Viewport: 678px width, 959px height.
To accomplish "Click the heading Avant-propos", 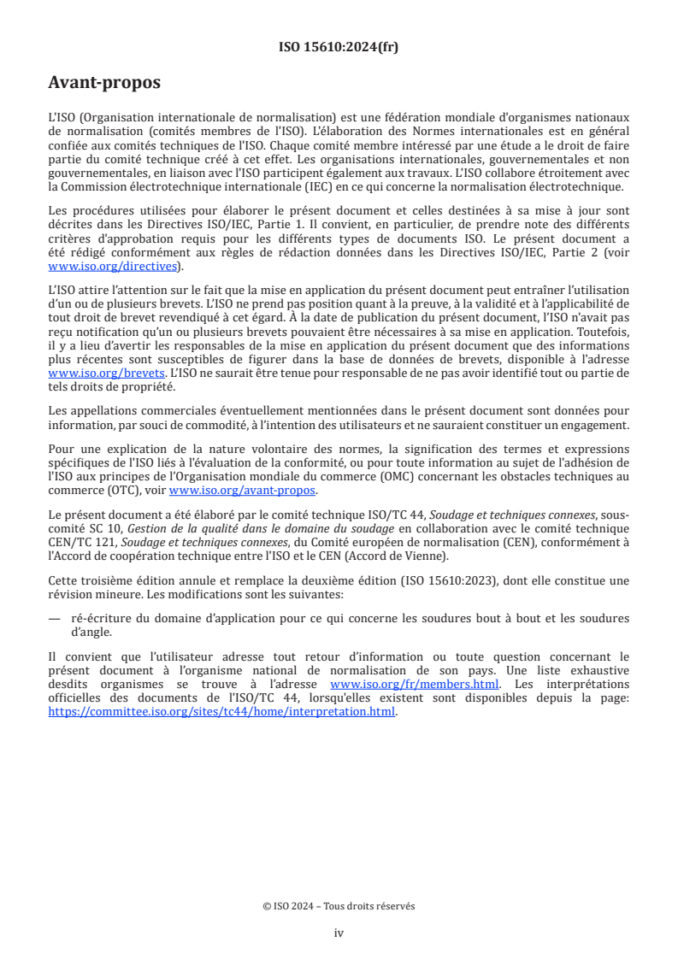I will tap(104, 83).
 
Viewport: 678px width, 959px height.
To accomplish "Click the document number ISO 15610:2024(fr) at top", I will tap(339, 47).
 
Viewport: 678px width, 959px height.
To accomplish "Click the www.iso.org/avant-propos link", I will tap(243, 490).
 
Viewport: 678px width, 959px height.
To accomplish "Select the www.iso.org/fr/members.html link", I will tap(403, 685).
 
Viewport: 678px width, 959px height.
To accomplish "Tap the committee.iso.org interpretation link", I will tap(222, 711).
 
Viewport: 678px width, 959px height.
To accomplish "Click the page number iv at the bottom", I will tap(339, 933).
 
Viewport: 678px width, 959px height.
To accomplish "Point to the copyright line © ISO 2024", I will tap(339, 906).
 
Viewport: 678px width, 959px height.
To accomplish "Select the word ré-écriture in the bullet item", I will tap(102, 618).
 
